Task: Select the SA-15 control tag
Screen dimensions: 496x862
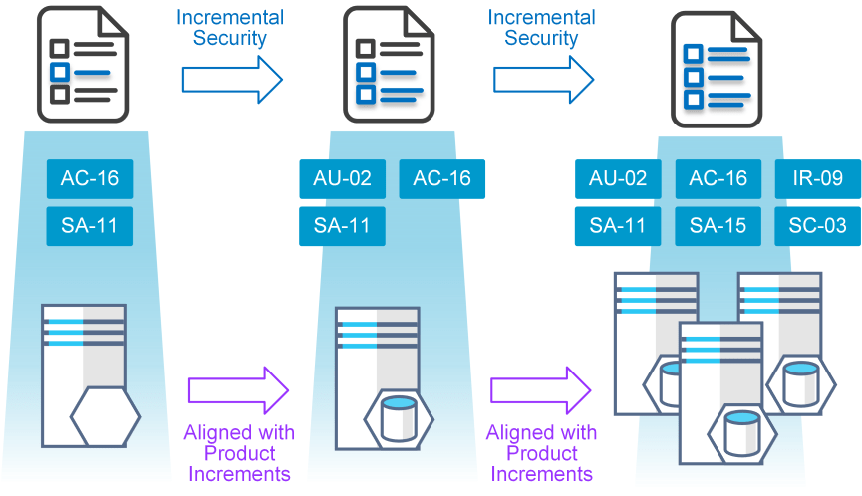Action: click(x=718, y=226)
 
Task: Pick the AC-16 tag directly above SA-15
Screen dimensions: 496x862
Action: click(x=718, y=179)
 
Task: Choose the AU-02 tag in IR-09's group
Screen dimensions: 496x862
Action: click(x=618, y=179)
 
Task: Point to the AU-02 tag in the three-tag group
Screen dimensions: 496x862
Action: click(x=342, y=179)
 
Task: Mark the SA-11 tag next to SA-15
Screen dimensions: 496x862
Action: click(x=618, y=226)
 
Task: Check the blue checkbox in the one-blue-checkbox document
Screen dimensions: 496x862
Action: click(x=60, y=72)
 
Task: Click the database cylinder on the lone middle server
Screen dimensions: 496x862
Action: click(x=399, y=418)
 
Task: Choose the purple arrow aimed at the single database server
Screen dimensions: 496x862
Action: click(x=237, y=390)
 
